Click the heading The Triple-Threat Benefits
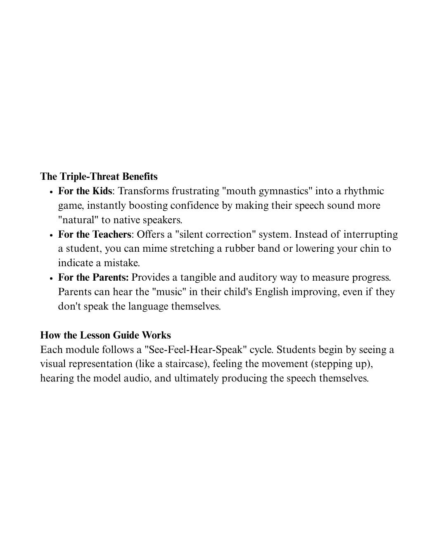coord(99,176)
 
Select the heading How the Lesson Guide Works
coord(105,335)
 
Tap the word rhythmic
coord(364,191)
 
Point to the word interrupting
coord(370,234)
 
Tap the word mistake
coord(121,263)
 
